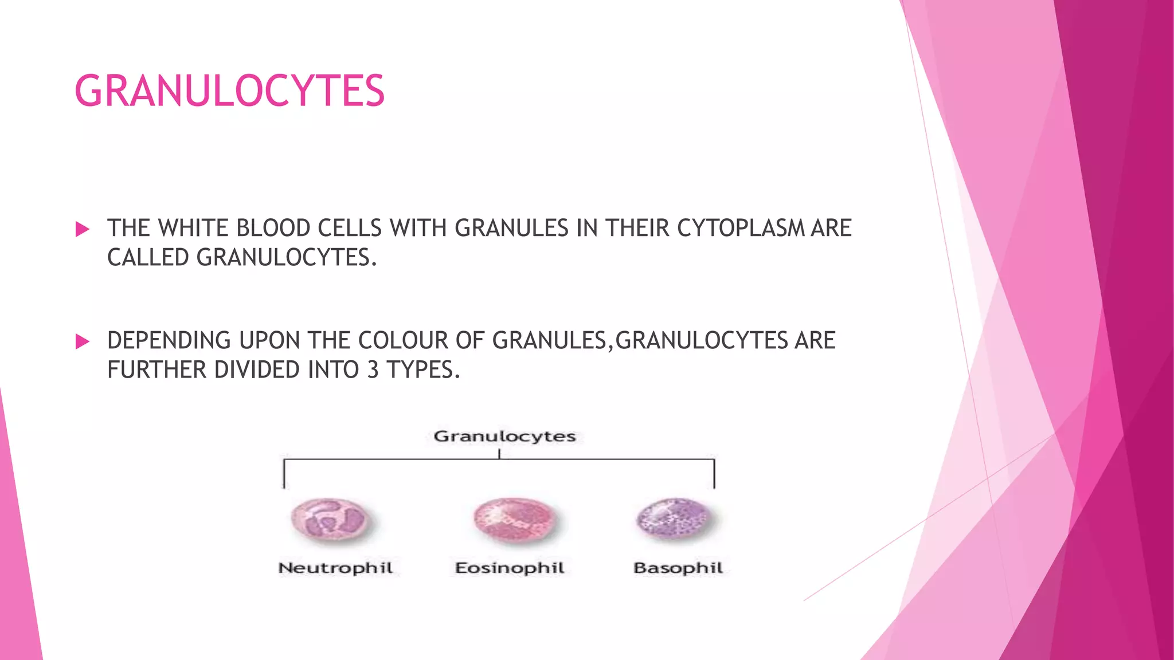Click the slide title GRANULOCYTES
point(229,91)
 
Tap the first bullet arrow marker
point(83,230)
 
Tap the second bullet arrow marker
point(83,342)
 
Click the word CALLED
point(148,257)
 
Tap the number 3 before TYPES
point(373,370)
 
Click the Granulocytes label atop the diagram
point(504,437)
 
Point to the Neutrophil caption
point(335,568)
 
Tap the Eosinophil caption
point(510,568)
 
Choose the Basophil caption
point(678,568)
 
